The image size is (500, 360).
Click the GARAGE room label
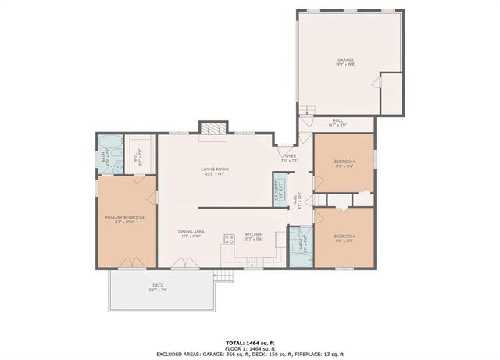(x=345, y=61)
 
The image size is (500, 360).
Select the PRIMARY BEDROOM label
(x=120, y=219)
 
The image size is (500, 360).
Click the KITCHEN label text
(x=255, y=234)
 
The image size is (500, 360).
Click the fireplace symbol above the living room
(x=213, y=130)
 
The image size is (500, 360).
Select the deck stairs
(x=225, y=276)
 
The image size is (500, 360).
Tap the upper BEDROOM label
(x=343, y=164)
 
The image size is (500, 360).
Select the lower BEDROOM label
(x=344, y=237)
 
